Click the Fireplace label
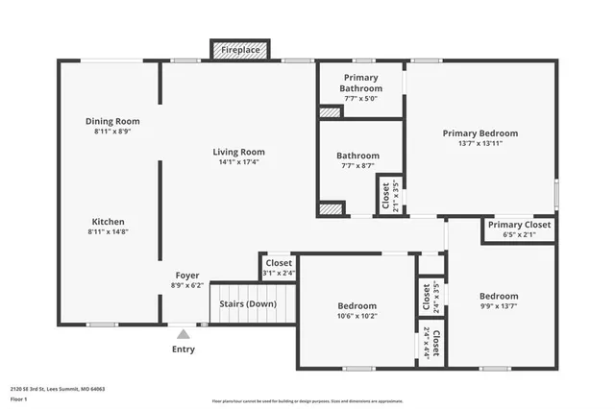click(240, 49)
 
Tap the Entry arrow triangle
click(184, 334)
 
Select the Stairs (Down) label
click(248, 304)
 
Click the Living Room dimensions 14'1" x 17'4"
click(239, 162)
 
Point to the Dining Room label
click(112, 121)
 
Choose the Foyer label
click(186, 276)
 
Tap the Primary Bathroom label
click(360, 83)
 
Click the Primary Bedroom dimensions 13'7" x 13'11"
click(480, 144)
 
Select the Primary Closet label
click(519, 225)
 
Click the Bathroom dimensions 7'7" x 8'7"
click(357, 166)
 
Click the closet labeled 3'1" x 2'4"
click(279, 268)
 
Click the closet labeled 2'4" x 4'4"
click(431, 345)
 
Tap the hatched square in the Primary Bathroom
click(330, 112)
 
